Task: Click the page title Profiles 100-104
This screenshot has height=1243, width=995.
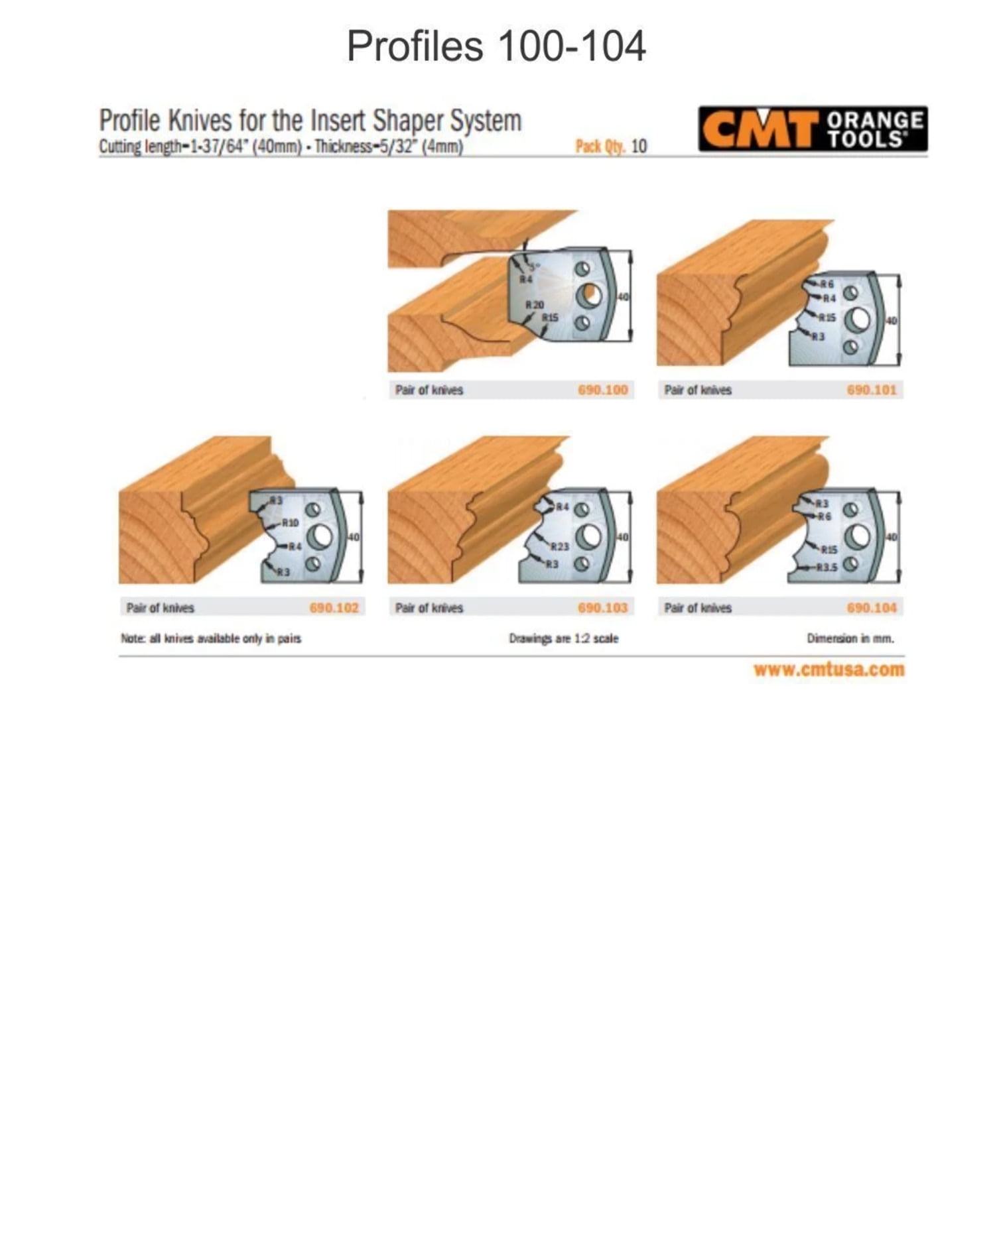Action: click(496, 46)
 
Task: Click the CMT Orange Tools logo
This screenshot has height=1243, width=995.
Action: click(813, 129)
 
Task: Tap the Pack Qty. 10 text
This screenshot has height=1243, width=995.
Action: click(610, 147)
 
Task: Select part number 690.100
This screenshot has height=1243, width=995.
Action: click(602, 390)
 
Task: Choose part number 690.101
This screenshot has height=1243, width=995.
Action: click(871, 390)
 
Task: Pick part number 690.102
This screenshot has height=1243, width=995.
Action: click(334, 607)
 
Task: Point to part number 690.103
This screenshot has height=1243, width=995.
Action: click(602, 607)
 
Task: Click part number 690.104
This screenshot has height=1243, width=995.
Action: click(871, 607)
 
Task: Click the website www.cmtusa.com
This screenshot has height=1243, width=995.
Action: click(829, 669)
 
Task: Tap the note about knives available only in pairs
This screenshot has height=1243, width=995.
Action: click(211, 638)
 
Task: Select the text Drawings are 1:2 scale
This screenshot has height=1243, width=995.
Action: click(563, 638)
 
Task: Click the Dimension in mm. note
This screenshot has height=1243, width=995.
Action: click(850, 638)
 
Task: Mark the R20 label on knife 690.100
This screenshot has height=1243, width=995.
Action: click(534, 305)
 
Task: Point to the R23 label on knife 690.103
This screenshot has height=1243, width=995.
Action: click(559, 547)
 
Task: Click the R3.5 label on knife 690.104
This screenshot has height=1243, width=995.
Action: click(827, 567)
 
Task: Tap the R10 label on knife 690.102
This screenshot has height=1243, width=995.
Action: click(290, 522)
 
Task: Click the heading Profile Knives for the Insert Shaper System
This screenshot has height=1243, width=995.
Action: click(310, 121)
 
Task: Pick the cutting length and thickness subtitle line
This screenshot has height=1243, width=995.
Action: click(281, 147)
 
